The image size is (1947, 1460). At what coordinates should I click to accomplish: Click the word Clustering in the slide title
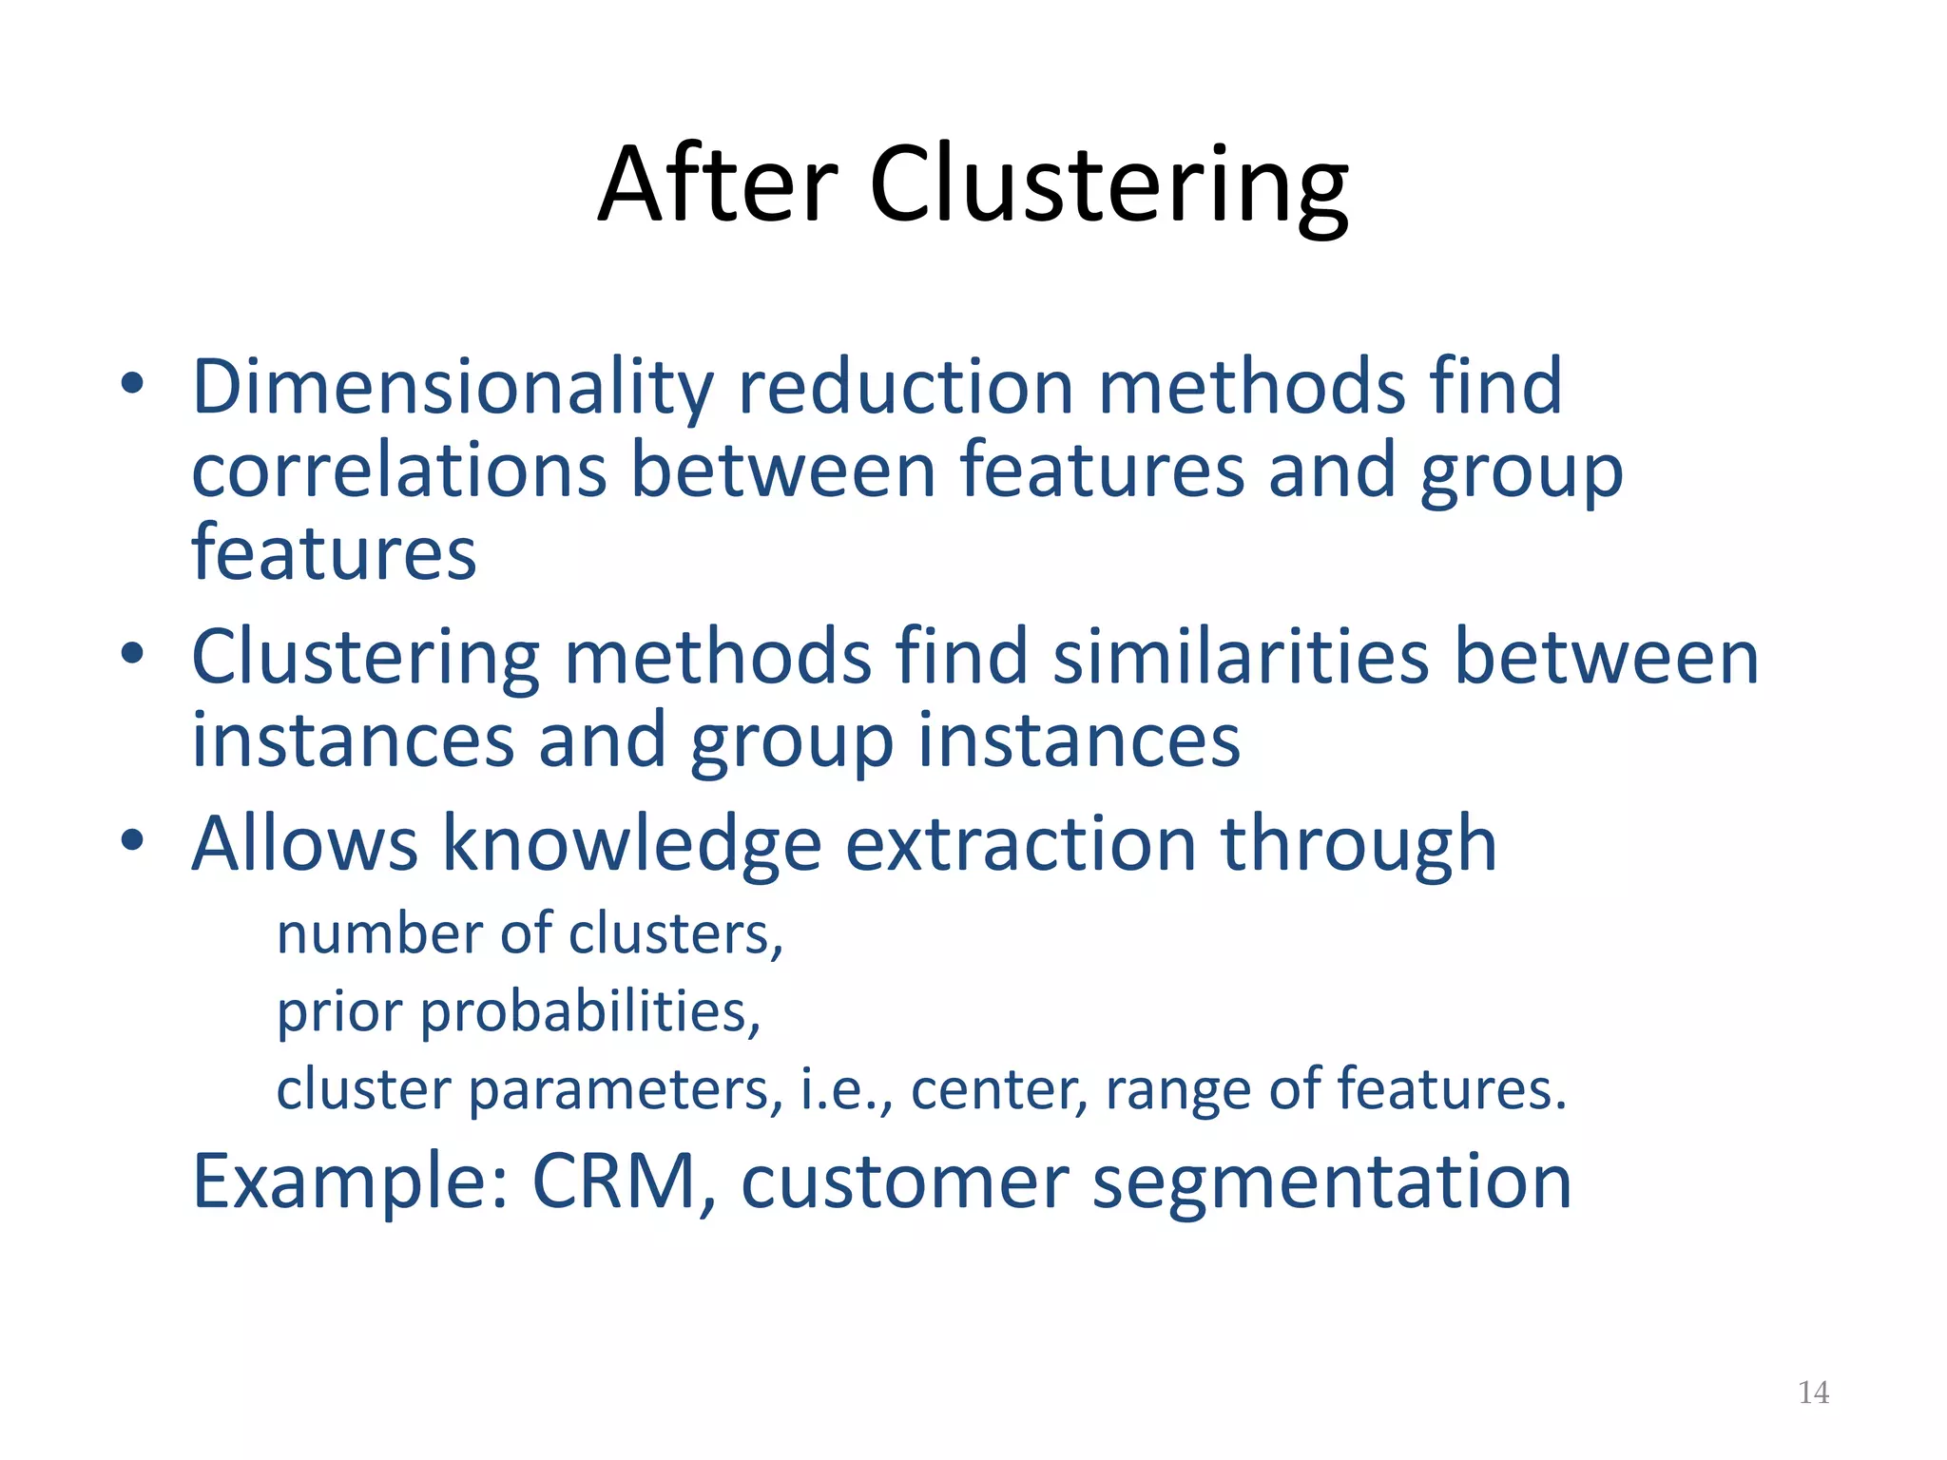1108,185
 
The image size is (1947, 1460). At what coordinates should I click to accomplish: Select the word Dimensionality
453,388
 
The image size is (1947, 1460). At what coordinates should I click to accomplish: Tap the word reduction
906,388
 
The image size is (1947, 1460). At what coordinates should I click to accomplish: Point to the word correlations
398,471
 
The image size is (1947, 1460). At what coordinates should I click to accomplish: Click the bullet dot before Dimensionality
132,384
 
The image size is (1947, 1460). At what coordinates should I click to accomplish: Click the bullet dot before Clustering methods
132,653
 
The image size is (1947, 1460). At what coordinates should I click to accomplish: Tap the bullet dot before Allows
132,839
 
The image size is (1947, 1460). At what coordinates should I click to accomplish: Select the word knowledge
631,844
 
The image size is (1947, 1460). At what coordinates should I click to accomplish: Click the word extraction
1020,844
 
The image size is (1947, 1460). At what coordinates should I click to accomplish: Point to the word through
1359,844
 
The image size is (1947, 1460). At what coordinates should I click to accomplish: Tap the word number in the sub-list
378,934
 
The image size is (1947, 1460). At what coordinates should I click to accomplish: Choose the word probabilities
590,1011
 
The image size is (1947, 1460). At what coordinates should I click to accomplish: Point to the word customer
905,1181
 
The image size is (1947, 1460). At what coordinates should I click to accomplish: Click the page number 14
1813,1393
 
